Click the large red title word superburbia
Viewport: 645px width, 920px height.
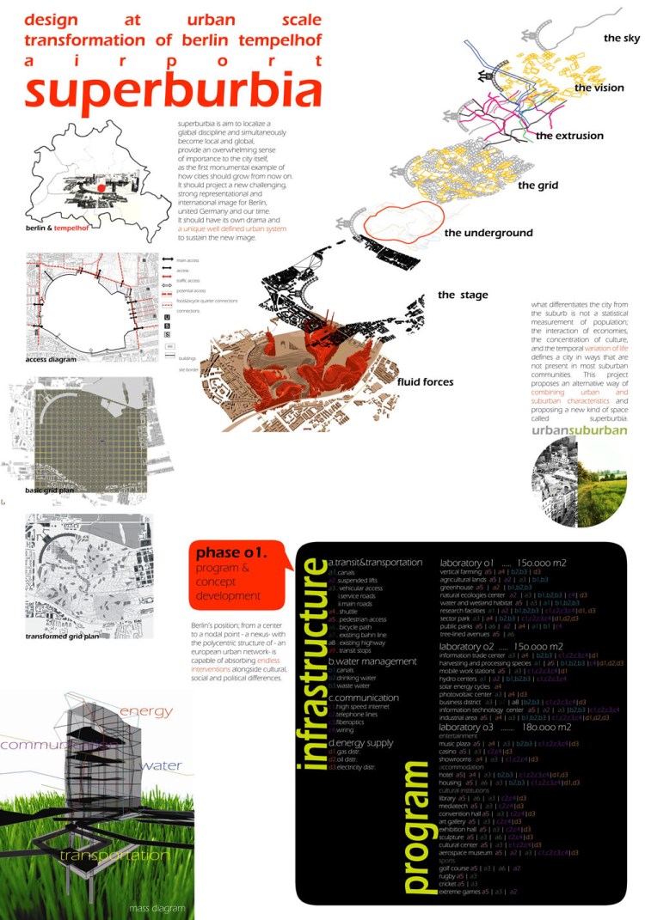click(x=168, y=93)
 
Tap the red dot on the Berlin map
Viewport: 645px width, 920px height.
click(x=101, y=187)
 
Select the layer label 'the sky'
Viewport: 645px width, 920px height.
click(x=622, y=39)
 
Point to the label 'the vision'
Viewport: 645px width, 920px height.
click(x=599, y=88)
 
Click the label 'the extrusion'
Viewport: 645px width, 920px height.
click(x=569, y=136)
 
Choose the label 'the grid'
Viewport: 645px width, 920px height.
click(x=538, y=185)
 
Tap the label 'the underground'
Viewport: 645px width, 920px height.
click(x=488, y=233)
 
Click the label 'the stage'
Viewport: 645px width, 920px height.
click(x=463, y=295)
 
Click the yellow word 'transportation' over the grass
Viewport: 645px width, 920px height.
click(x=114, y=856)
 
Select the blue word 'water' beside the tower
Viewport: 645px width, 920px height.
click(x=160, y=765)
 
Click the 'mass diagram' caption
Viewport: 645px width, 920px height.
click(x=143, y=907)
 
